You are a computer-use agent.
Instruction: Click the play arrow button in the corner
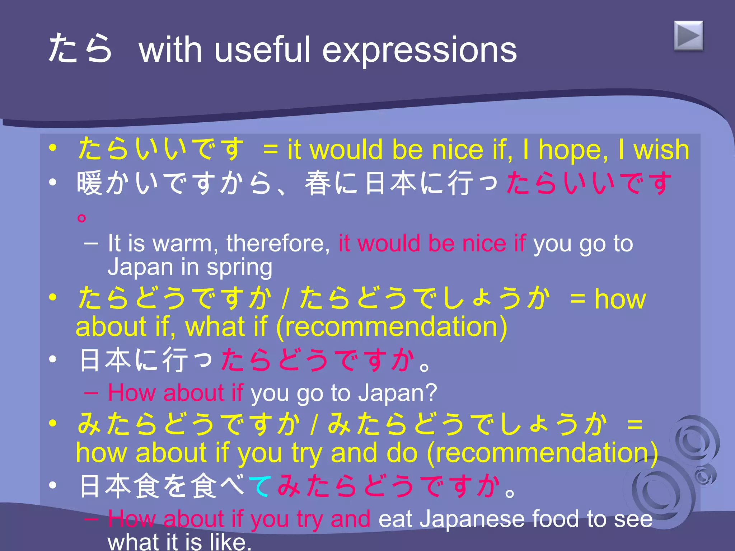point(688,36)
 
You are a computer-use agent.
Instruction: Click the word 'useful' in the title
point(262,50)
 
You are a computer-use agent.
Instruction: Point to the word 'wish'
point(661,150)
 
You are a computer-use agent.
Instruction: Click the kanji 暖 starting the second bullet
point(90,183)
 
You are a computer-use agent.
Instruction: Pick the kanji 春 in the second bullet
point(318,183)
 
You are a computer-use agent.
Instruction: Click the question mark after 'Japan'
point(431,392)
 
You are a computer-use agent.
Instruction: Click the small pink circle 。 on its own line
point(82,217)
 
